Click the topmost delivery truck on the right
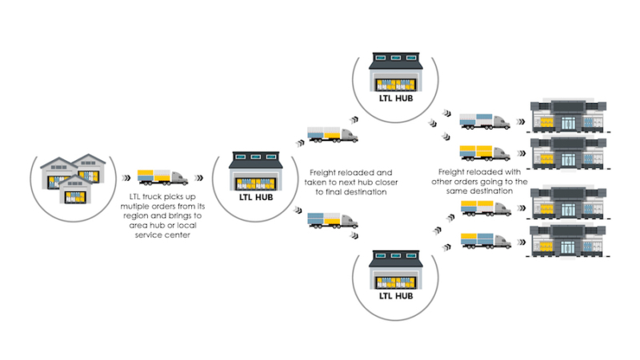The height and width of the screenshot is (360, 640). pos(485,122)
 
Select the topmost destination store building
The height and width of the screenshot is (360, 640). pos(570,117)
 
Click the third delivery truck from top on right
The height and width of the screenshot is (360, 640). pos(485,209)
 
